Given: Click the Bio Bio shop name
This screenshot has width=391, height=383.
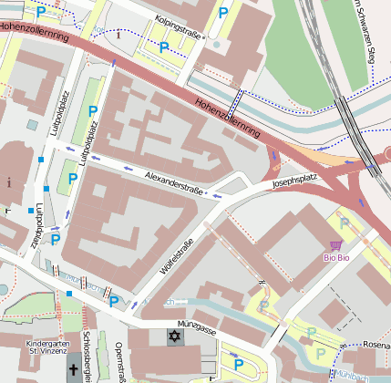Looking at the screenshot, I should pyautogui.click(x=336, y=258).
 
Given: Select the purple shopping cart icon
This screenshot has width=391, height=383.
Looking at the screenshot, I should pyautogui.click(x=335, y=244).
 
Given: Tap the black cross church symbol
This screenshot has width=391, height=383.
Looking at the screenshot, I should pyautogui.click(x=73, y=370).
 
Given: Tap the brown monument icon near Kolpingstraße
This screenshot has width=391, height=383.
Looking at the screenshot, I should pyautogui.click(x=118, y=36).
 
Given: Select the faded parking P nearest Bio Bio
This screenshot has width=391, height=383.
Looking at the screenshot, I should pyautogui.click(x=344, y=221).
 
